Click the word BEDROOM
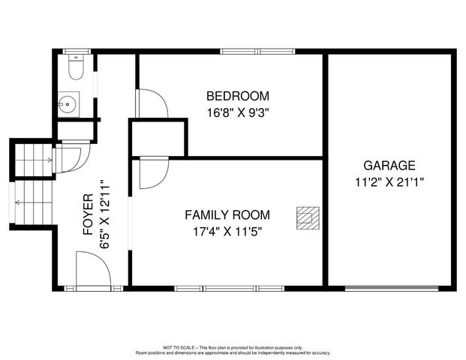point(237,96)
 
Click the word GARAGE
point(389,165)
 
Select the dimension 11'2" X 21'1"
point(389,181)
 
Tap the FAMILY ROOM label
point(227,214)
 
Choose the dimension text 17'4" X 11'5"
point(227,231)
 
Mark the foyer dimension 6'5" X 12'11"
point(106,214)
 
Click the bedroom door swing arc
point(152,103)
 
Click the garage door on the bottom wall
point(391,287)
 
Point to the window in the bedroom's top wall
point(257,52)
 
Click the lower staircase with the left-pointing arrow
point(29,202)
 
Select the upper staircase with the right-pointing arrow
point(34,158)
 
